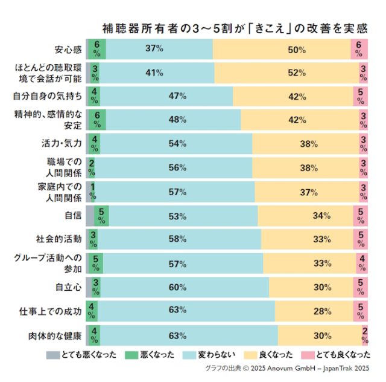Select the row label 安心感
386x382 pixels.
[x=68, y=49]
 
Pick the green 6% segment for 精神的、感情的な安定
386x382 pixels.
[x=96, y=119]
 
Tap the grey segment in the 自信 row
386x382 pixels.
[x=90, y=215]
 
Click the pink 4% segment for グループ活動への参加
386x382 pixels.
[x=362, y=263]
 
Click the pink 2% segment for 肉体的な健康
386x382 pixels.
[x=365, y=335]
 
